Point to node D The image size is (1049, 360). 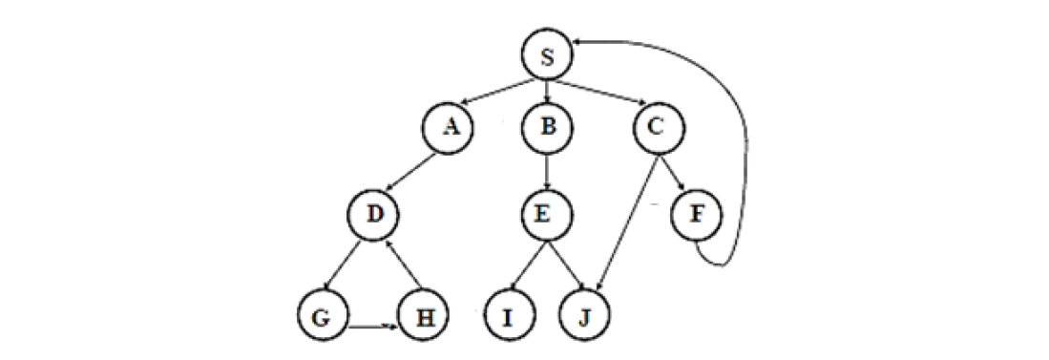[374, 216]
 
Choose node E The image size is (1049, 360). [546, 216]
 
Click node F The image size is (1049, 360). [696, 216]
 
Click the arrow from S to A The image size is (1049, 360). [498, 92]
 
